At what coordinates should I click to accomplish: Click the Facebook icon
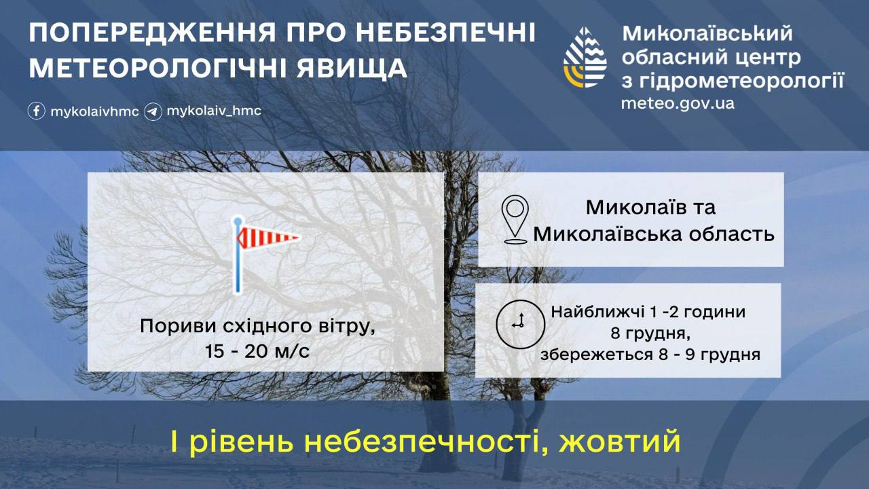tap(37, 111)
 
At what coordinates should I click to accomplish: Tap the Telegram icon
tap(153, 112)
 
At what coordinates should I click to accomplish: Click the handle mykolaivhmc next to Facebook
tap(94, 112)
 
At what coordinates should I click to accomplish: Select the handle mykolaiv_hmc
tap(214, 111)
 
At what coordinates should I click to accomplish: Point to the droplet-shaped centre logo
tap(585, 58)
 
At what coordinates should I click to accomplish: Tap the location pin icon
tap(515, 219)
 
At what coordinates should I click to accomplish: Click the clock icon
tap(520, 324)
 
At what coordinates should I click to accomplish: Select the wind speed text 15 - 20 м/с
tap(257, 351)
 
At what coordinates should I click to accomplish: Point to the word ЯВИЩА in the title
tap(352, 69)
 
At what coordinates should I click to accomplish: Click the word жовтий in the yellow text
tap(620, 441)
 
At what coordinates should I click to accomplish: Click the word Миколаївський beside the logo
tap(707, 33)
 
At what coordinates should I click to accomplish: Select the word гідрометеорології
tap(741, 81)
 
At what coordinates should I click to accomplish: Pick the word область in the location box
tap(732, 234)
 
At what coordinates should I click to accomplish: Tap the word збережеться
tap(595, 355)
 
